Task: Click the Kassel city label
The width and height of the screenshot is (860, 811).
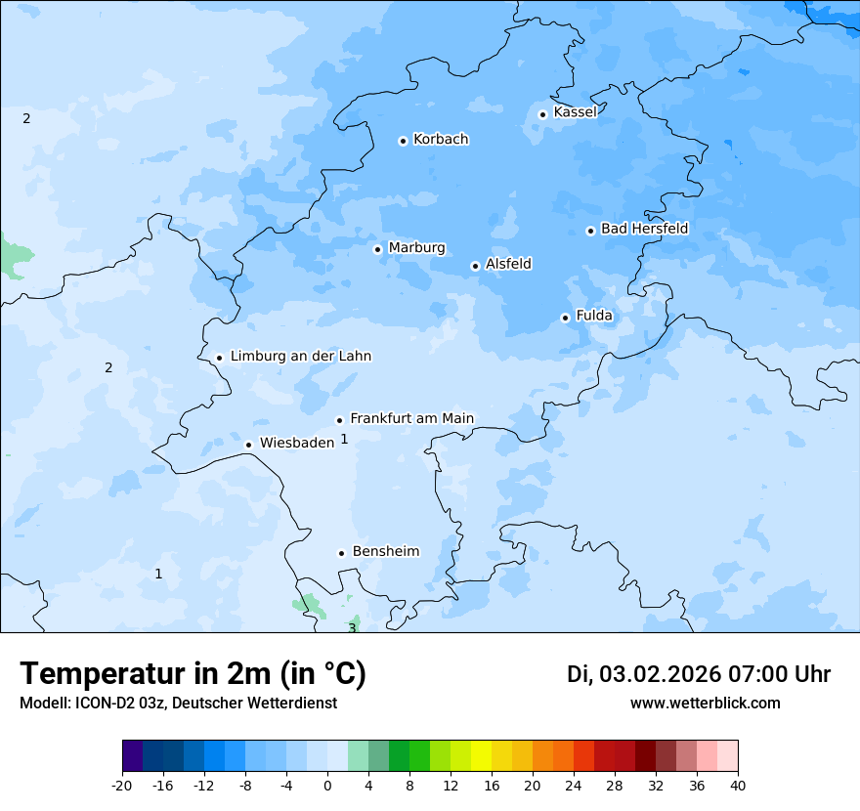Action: pos(575,112)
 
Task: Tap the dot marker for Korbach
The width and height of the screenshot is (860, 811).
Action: pos(403,141)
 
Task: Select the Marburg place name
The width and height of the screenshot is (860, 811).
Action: pos(416,248)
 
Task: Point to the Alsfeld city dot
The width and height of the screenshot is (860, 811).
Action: pos(475,266)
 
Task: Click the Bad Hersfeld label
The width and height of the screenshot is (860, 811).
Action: pos(644,230)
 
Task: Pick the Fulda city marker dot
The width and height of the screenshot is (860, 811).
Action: pos(565,318)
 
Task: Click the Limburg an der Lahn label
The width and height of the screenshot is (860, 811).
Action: pos(300,357)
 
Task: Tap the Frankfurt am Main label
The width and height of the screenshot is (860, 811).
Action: pos(411,419)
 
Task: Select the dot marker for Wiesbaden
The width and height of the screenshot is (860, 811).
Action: pos(248,445)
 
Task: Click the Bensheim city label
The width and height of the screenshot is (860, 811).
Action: pos(385,552)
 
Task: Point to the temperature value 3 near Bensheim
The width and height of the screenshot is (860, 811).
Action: pos(352,628)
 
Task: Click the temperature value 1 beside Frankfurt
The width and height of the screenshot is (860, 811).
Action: pos(344,440)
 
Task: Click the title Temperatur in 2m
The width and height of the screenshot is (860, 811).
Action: pos(193,674)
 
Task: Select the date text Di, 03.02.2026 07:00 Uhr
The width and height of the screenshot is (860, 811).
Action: pos(699,674)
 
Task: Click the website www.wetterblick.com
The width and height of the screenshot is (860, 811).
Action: pos(705,704)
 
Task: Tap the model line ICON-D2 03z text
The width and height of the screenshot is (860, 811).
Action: pos(178,704)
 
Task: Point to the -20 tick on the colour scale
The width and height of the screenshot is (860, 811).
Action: pos(122,785)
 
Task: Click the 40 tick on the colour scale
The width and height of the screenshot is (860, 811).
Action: pos(737,785)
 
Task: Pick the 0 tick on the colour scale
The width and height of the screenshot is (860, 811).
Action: pos(327,785)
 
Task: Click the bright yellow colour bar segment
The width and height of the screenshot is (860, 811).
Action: pos(481,756)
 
